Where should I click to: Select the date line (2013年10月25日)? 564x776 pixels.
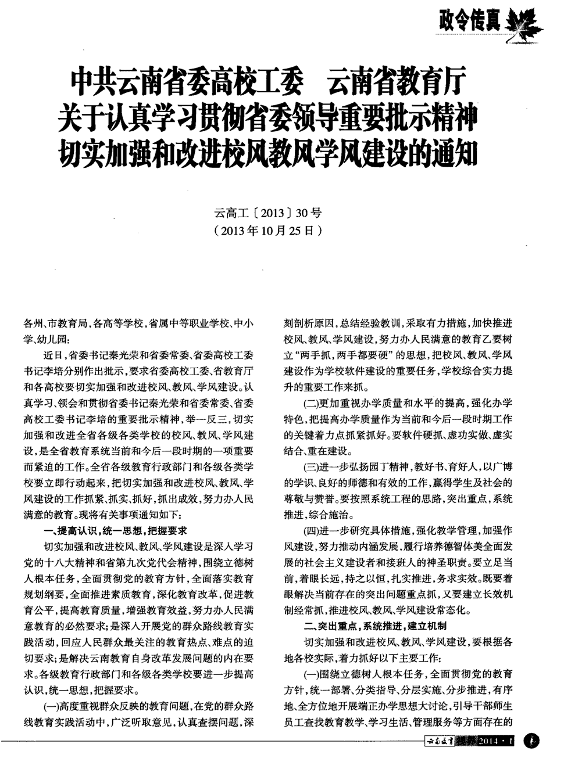[267, 230]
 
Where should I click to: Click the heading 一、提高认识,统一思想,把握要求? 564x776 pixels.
[115, 530]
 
